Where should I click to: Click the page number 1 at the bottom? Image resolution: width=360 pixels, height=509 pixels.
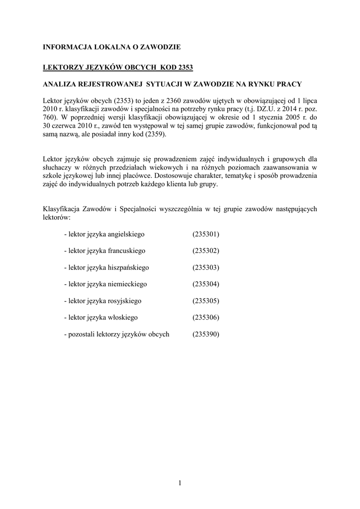[180, 483]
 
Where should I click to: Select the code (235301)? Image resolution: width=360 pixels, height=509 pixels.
[205, 234]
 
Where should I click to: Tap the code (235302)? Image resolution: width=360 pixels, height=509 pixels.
[205, 251]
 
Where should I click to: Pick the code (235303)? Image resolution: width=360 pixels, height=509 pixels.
[205, 267]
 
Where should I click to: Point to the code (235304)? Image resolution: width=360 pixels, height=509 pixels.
[205, 284]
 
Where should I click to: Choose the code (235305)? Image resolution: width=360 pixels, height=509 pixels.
[205, 301]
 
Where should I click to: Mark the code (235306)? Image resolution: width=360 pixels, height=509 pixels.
[205, 317]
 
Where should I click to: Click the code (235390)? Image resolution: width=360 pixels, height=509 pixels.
[205, 334]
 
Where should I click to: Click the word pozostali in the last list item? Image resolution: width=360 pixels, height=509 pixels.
[81, 334]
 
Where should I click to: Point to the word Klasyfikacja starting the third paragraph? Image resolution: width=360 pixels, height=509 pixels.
[61, 209]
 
